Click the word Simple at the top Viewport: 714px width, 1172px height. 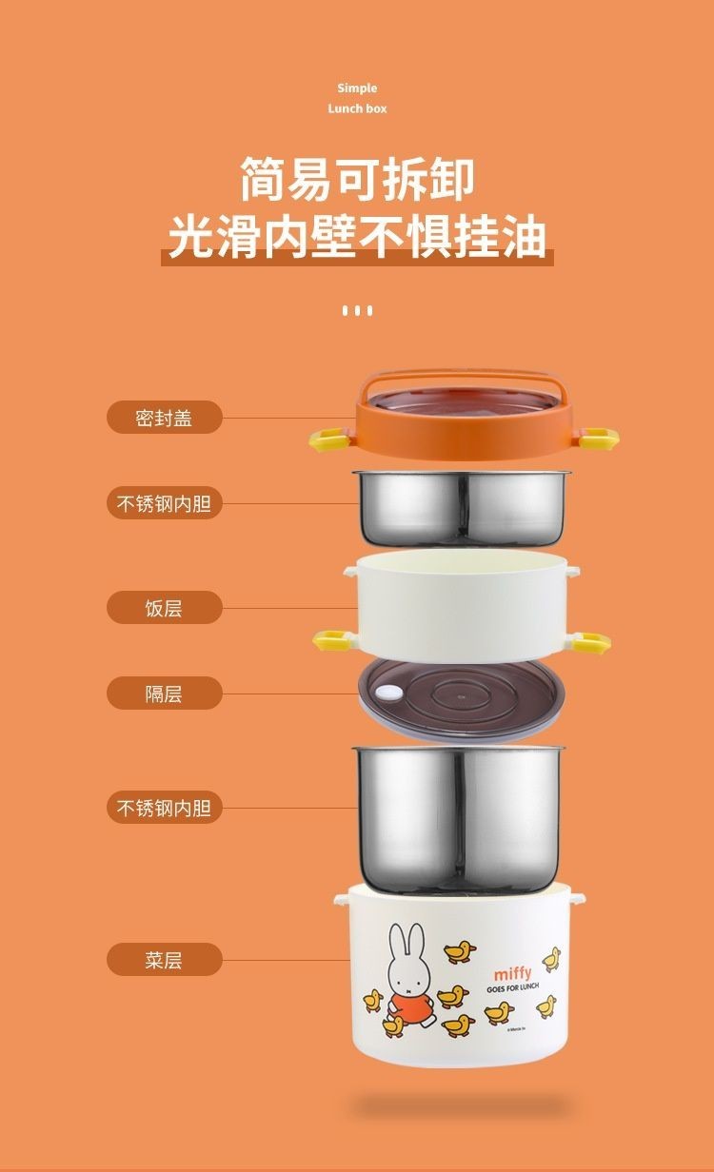click(x=357, y=88)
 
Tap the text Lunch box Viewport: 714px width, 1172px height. click(x=357, y=108)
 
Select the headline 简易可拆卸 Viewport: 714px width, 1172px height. click(x=357, y=181)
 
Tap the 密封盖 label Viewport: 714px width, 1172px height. click(x=164, y=418)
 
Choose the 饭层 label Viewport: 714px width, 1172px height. click(x=164, y=608)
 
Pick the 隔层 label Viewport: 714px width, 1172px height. click(x=164, y=693)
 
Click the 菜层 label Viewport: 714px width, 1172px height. click(x=164, y=960)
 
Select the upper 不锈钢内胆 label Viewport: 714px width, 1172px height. click(x=164, y=503)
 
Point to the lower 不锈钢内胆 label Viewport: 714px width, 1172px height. click(x=164, y=809)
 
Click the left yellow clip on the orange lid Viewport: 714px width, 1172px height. click(x=328, y=439)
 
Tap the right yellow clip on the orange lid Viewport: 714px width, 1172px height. click(x=600, y=439)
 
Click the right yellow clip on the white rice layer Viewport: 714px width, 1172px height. click(x=592, y=641)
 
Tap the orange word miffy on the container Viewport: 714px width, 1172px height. click(x=512, y=973)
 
